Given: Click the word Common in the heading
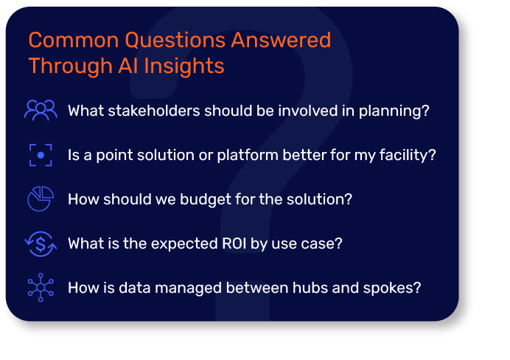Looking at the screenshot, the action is click(x=74, y=40).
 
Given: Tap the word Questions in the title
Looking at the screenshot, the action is click(x=175, y=40).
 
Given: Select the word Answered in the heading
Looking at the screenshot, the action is click(x=281, y=40).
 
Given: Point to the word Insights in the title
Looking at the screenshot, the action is click(x=184, y=66).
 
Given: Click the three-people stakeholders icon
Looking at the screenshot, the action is click(x=41, y=111).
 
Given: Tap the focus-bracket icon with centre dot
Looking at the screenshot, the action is click(x=41, y=155).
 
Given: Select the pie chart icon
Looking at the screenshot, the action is click(x=41, y=199).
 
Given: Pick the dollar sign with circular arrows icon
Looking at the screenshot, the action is click(x=41, y=243).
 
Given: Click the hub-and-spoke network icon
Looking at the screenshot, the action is click(x=41, y=288).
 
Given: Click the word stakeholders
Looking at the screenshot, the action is click(x=154, y=111).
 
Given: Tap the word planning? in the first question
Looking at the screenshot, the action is click(x=394, y=111).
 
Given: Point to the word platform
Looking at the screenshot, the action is click(x=248, y=155).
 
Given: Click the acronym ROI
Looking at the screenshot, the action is click(x=234, y=243).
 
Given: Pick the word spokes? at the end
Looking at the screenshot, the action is click(x=392, y=288).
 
